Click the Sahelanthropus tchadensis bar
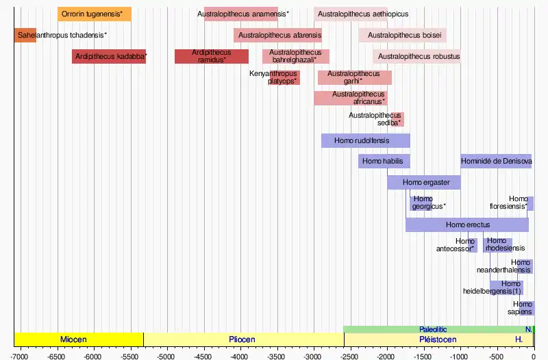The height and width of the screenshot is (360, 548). point(25,35)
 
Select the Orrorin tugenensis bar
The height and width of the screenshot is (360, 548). point(95,14)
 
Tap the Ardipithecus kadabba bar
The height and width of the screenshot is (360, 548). point(109,56)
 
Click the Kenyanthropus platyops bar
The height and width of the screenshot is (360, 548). point(287,77)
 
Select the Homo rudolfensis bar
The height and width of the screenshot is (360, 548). point(366,140)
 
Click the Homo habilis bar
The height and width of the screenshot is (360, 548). point(384,162)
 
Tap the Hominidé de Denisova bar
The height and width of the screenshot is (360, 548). point(496,162)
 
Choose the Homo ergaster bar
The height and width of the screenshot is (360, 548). point(424,182)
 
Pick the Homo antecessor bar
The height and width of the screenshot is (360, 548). point(473,245)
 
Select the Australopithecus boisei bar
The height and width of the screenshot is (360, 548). point(403,35)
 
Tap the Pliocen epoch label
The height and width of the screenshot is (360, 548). point(242,339)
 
